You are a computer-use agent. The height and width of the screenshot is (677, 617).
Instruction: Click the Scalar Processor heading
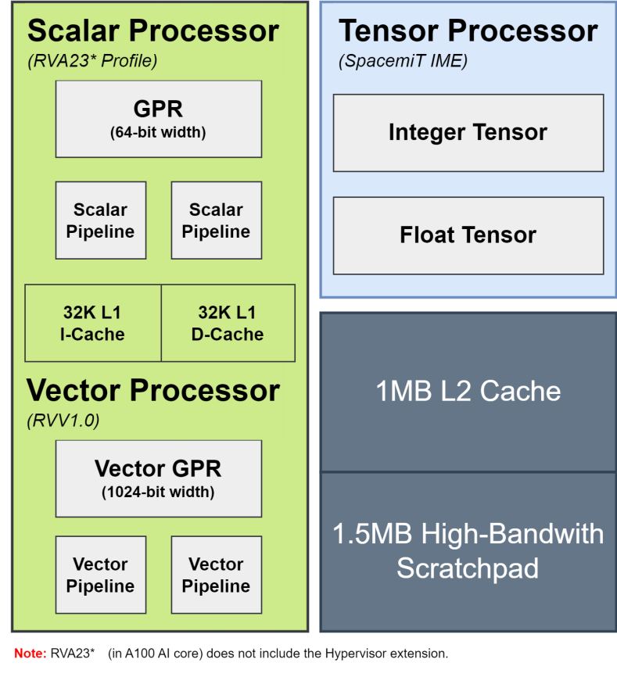(x=153, y=31)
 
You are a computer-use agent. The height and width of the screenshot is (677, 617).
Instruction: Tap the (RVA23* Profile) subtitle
(x=92, y=61)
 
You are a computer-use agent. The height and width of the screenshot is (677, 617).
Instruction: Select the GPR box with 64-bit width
(x=159, y=119)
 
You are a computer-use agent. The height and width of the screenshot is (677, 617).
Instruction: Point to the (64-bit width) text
(x=158, y=132)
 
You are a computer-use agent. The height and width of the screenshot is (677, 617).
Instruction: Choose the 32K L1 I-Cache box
(x=93, y=323)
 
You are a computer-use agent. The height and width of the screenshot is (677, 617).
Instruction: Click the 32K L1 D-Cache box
(x=228, y=323)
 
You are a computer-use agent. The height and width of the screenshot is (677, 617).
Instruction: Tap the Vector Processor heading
(x=153, y=390)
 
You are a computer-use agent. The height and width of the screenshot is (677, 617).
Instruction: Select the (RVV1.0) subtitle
(x=63, y=420)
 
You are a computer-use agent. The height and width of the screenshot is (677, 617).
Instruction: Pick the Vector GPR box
(x=159, y=478)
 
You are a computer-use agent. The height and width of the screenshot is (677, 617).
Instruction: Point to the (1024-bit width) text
(x=158, y=492)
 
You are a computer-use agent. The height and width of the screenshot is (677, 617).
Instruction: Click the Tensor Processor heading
(x=468, y=31)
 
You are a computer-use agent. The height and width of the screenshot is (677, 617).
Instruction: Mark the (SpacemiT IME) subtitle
(x=403, y=61)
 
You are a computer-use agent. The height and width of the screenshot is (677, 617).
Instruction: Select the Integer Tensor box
(x=468, y=133)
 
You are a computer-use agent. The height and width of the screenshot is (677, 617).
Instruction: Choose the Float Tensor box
(x=468, y=236)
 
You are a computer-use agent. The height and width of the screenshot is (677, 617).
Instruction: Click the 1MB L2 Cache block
(x=468, y=392)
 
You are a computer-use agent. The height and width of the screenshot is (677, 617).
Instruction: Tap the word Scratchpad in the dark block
(x=468, y=568)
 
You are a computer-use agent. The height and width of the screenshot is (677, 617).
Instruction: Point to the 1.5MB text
(x=372, y=534)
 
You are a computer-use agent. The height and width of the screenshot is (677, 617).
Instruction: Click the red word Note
(x=30, y=654)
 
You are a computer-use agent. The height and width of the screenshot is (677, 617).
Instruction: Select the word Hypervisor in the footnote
(x=355, y=654)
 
